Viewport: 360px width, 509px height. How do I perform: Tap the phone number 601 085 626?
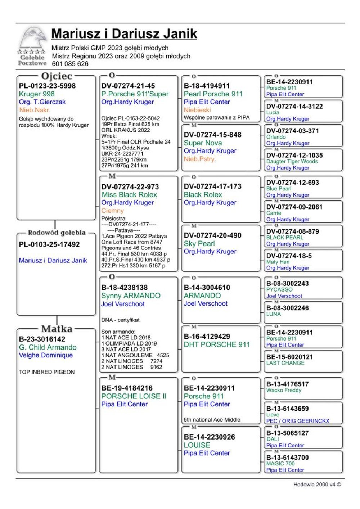pyautogui.click(x=70, y=64)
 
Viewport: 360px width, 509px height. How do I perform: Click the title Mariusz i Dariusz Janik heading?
pyautogui.click(x=124, y=34)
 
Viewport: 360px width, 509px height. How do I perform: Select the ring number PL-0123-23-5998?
pyautogui.click(x=47, y=86)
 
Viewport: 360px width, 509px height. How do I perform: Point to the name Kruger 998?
pyautogui.click(x=37, y=94)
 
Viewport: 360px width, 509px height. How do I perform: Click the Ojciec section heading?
pyautogui.click(x=57, y=76)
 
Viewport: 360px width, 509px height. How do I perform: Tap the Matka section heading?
pyautogui.click(x=57, y=329)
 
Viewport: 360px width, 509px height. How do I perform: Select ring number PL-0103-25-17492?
pyautogui.click(x=49, y=244)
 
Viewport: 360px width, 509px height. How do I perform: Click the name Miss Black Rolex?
pyautogui.click(x=129, y=194)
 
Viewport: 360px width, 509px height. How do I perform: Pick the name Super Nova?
pyautogui.click(x=203, y=143)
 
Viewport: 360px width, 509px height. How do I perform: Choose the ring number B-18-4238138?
pyautogui.click(x=125, y=287)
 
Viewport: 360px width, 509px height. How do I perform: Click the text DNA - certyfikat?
pyautogui.click(x=120, y=320)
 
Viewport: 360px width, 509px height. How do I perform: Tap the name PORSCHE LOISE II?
pyautogui.click(x=134, y=396)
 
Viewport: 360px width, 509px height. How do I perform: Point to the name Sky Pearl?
pyautogui.click(x=199, y=243)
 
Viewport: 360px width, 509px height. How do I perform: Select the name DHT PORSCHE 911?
pyautogui.click(x=217, y=344)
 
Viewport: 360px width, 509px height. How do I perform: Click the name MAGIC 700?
pyautogui.click(x=280, y=464)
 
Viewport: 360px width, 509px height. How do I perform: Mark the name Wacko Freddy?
pyautogui.click(x=284, y=390)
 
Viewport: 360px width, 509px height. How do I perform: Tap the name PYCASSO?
pyautogui.click(x=279, y=289)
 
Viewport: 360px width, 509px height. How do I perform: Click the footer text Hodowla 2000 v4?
pyautogui.click(x=317, y=485)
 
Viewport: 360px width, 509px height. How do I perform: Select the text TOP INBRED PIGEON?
pyautogui.click(x=47, y=372)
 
